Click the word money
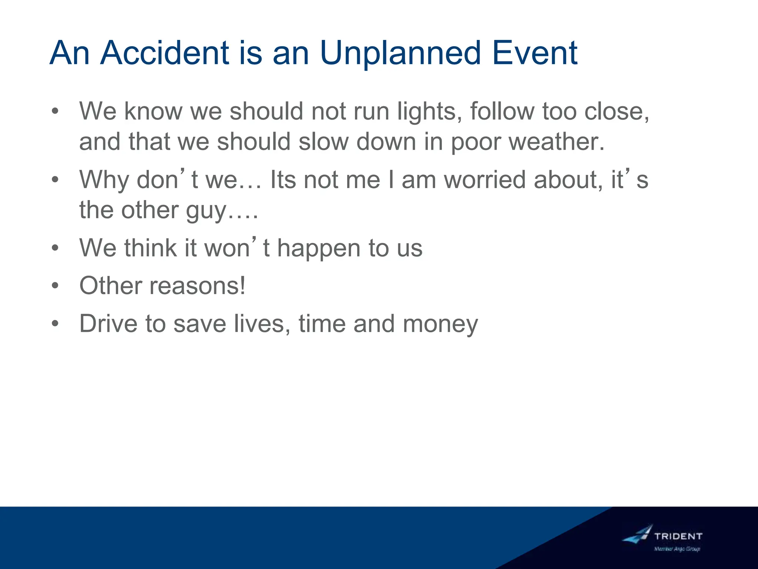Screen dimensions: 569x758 tap(440, 324)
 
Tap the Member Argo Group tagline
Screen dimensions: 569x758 tap(677, 549)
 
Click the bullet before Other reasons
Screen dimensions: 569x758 tap(55, 286)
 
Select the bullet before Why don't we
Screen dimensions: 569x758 tap(55, 180)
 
